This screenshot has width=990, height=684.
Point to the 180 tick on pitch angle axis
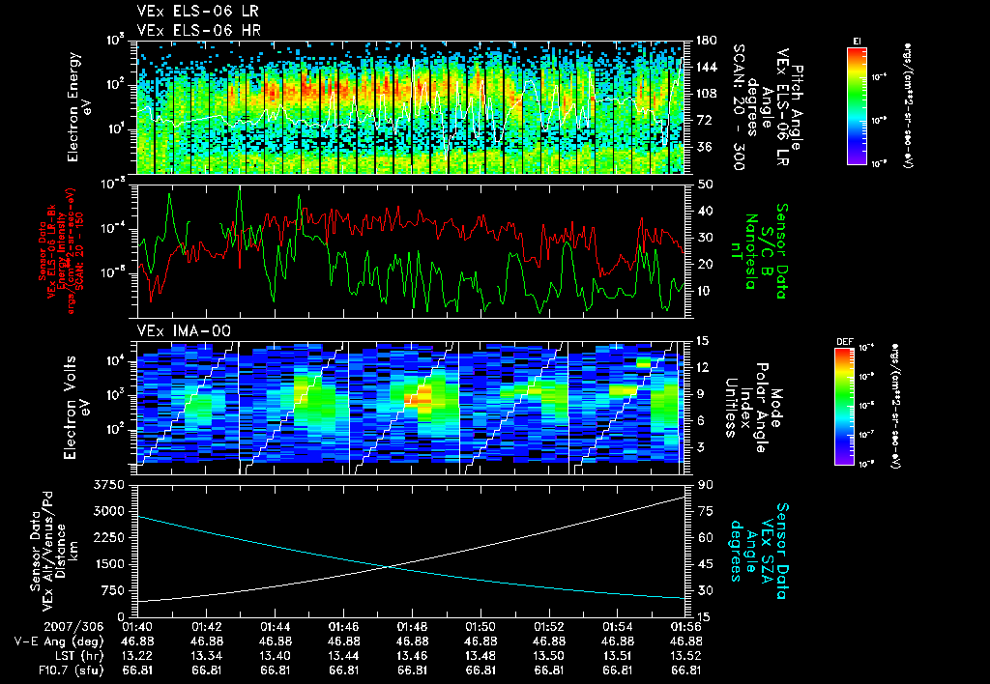tap(705, 41)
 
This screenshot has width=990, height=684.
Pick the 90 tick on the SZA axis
tap(705, 484)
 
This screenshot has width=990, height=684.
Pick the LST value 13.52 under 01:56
tap(684, 655)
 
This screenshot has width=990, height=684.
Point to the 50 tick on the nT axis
tap(704, 184)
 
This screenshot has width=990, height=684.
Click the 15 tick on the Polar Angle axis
tap(703, 340)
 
